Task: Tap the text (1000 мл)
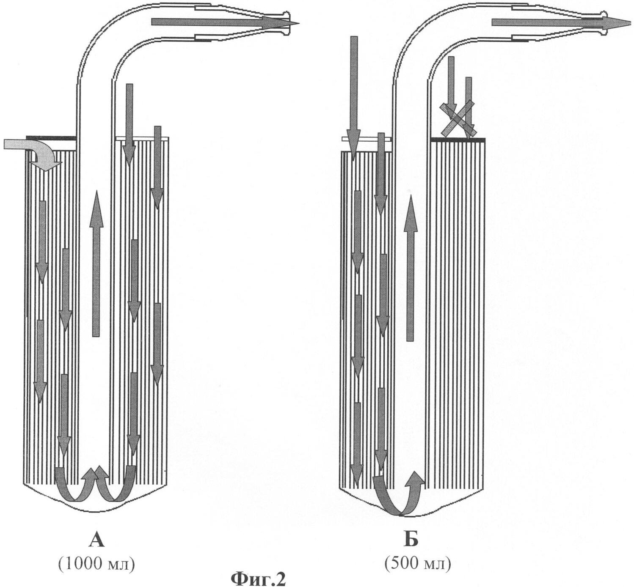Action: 97,563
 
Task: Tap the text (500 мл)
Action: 417,563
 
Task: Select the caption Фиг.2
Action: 258,579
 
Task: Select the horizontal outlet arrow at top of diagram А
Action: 220,22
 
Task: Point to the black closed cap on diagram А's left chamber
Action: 51,137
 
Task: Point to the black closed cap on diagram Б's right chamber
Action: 458,139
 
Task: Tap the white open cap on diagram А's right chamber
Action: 142,138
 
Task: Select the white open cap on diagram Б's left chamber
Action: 367,138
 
